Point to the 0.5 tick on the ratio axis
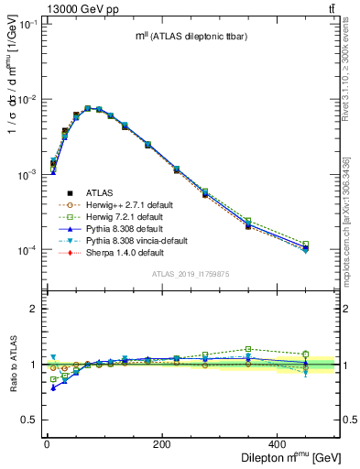[x=27, y=420]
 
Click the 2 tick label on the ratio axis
[x=32, y=309]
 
